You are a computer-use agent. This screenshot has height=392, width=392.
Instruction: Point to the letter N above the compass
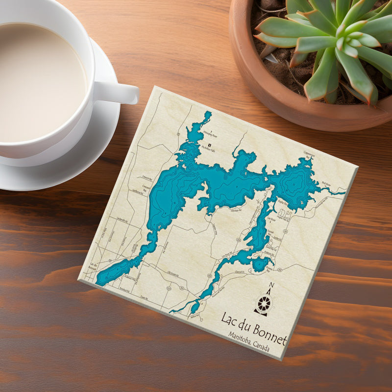[272, 286]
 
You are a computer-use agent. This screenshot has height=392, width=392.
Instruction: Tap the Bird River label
[326, 183]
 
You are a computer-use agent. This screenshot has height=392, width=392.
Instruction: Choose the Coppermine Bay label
[309, 154]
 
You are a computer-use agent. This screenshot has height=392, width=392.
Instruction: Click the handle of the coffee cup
[120, 92]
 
